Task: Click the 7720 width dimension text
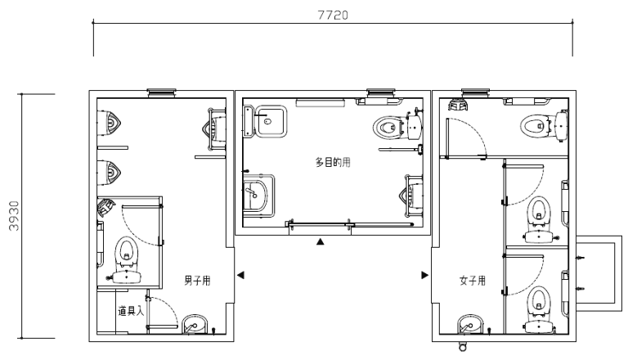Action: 333,16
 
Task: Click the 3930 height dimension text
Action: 14,216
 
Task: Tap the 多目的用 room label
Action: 333,162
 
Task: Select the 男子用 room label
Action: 197,280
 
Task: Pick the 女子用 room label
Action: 473,280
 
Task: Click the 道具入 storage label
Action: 131,311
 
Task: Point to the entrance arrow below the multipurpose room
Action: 320,241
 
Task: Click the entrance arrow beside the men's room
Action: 240,275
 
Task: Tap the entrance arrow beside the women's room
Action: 425,275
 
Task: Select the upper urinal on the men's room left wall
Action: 109,124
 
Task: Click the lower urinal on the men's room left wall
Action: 109,173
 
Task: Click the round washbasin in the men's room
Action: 195,324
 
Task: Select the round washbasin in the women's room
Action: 471,324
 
